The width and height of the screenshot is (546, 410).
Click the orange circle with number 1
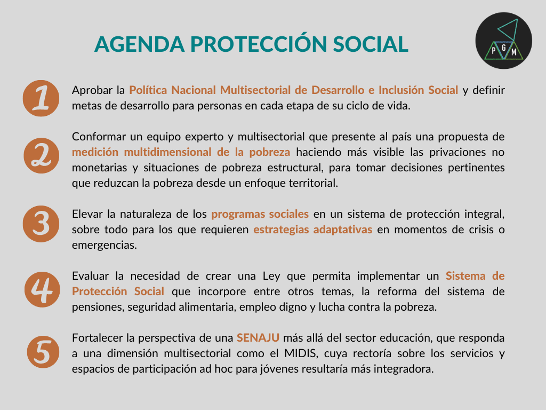pos(41,98)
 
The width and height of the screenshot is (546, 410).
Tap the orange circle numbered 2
pos(42,155)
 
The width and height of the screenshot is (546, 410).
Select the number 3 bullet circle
pos(41,224)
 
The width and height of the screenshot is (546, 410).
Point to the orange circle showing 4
pos(42,289)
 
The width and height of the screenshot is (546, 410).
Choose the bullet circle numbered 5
pos(43,352)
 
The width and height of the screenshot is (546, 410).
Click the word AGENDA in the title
pos(139,44)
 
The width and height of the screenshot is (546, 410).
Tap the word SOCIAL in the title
pos(370,44)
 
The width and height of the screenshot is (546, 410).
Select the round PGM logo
pos(503,41)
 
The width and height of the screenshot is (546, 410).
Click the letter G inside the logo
pos(503,48)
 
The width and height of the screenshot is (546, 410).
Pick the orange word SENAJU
pos(258,338)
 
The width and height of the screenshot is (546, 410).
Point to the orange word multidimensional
pos(167,152)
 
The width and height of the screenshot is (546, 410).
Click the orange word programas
pos(235,215)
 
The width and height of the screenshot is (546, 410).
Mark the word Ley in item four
pos(271,277)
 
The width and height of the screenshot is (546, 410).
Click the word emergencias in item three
pos(105,246)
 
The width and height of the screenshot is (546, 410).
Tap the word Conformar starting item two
pos(98,136)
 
